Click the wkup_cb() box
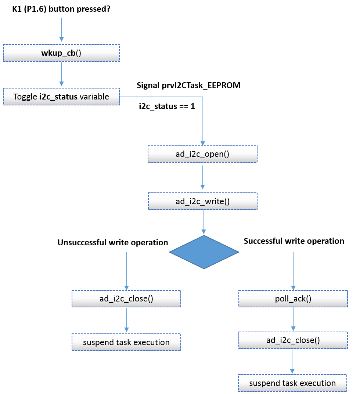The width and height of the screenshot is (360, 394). pyautogui.click(x=61, y=53)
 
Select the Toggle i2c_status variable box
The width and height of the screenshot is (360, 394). pyautogui.click(x=61, y=97)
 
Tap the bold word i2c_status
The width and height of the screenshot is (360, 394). pyautogui.click(x=58, y=97)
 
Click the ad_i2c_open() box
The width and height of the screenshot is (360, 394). pyautogui.click(x=202, y=154)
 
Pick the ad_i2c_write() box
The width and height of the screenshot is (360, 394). pyautogui.click(x=202, y=201)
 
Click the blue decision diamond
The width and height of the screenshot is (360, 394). pyautogui.click(x=204, y=252)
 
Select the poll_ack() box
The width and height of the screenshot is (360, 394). pyautogui.click(x=293, y=299)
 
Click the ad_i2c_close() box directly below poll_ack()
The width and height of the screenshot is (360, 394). pyautogui.click(x=293, y=340)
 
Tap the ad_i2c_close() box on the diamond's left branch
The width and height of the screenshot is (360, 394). pyautogui.click(x=126, y=299)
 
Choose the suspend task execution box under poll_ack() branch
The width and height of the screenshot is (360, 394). pyautogui.click(x=292, y=383)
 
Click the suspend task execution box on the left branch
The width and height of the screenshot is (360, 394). pyautogui.click(x=126, y=342)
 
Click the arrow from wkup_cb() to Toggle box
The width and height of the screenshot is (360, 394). pyautogui.click(x=61, y=75)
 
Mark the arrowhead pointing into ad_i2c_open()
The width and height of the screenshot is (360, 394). pyautogui.click(x=202, y=143)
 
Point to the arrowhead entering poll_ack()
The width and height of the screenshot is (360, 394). pyautogui.click(x=293, y=288)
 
